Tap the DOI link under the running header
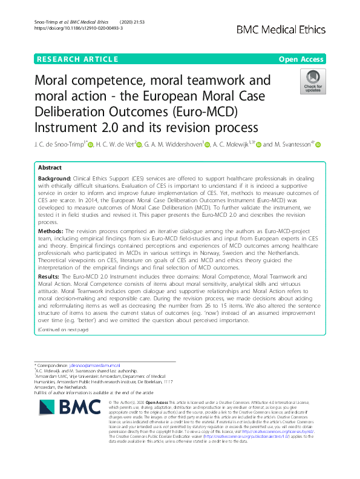(x=70, y=28)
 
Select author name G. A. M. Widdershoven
(x=173, y=144)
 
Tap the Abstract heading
(x=50, y=167)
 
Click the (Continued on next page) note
(x=63, y=329)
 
